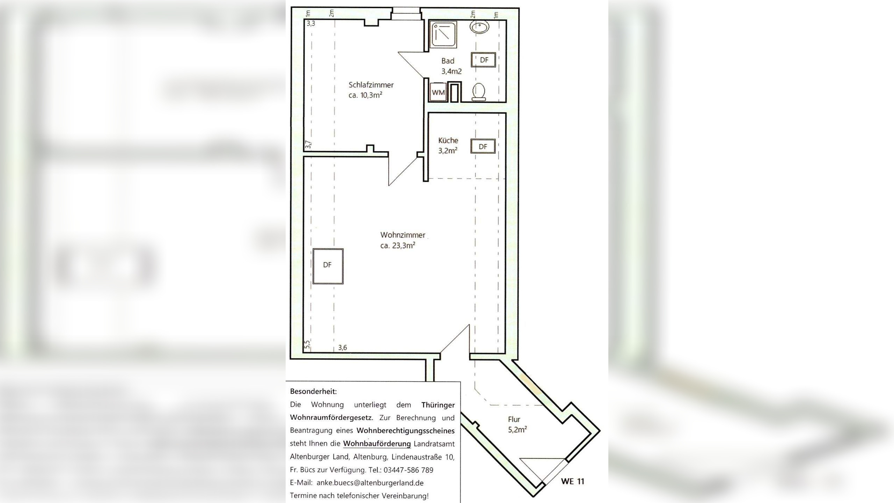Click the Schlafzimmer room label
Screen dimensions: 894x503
(x=371, y=85)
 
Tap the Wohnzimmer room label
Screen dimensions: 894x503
(x=403, y=235)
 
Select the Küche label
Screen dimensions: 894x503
(x=448, y=140)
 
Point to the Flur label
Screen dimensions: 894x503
(x=514, y=419)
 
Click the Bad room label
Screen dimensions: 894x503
(x=448, y=61)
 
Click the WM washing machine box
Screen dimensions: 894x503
(x=438, y=92)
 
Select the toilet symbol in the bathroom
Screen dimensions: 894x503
(x=478, y=92)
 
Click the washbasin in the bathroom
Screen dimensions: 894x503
(x=479, y=27)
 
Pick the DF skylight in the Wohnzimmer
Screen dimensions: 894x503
(x=328, y=266)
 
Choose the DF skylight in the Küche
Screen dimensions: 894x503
(x=483, y=146)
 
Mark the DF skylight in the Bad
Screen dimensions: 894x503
(x=484, y=60)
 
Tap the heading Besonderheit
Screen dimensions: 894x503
(x=313, y=392)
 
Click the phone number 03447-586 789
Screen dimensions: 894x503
(x=408, y=470)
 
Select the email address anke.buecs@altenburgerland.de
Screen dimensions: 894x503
(x=370, y=483)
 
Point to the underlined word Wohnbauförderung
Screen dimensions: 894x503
(x=377, y=444)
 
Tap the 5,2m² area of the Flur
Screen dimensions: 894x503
(x=518, y=429)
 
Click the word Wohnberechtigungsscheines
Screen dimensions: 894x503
(x=405, y=431)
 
